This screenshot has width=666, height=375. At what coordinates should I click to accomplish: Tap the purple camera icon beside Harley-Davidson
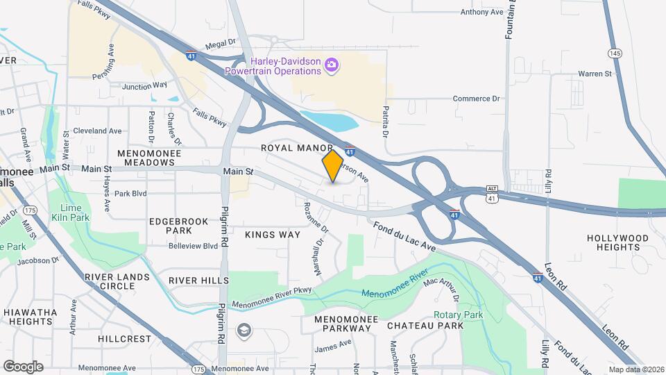(332, 65)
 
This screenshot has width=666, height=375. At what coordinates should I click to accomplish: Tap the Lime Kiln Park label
(70, 213)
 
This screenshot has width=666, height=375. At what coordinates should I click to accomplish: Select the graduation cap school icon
(243, 329)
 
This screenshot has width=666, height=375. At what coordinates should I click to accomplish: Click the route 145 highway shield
(613, 53)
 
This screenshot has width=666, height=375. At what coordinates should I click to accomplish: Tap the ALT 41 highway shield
(492, 193)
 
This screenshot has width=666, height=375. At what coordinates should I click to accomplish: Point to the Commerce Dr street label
(476, 99)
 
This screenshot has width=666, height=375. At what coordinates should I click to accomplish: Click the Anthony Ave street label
(481, 12)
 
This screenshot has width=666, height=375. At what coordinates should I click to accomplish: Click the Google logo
(23, 366)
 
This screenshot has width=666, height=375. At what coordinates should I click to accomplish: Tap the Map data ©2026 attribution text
(635, 369)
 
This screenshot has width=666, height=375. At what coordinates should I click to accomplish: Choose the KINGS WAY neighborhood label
(273, 235)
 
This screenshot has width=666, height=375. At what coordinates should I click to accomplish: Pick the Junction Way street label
(144, 86)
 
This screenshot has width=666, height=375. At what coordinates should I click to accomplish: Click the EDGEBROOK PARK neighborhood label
(170, 226)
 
